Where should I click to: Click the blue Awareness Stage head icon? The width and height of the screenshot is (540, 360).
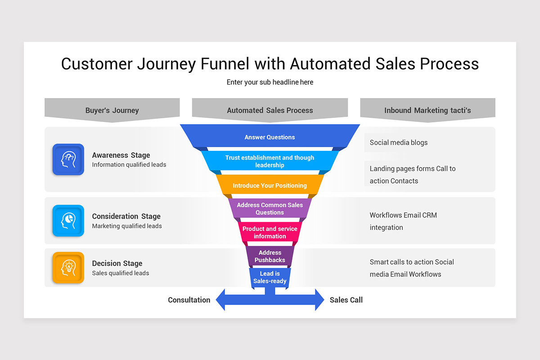tap(68, 159)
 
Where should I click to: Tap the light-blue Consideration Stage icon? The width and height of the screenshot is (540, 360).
tap(68, 220)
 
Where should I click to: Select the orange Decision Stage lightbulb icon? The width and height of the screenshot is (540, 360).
tap(68, 267)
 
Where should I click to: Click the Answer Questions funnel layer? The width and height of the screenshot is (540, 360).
tap(270, 137)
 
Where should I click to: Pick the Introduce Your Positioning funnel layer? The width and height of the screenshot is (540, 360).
tap(270, 185)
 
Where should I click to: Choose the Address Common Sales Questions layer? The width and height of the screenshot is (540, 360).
tap(270, 209)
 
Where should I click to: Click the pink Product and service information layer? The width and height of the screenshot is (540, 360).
tap(270, 233)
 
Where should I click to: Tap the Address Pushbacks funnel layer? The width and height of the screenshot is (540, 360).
tap(270, 256)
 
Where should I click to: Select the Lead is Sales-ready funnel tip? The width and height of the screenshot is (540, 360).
tap(270, 278)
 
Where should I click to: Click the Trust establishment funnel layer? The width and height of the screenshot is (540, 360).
tap(270, 162)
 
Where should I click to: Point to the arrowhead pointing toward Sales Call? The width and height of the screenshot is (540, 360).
tap(319, 300)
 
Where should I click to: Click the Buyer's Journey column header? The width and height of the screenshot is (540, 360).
tap(112, 110)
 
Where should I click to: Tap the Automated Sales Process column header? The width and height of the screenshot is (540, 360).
tap(270, 110)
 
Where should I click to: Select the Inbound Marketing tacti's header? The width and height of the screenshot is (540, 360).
tap(427, 110)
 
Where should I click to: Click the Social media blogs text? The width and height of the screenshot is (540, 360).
tap(399, 143)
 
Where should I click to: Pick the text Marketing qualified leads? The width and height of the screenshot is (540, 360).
tap(127, 226)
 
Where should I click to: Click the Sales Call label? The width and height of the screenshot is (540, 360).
tap(346, 300)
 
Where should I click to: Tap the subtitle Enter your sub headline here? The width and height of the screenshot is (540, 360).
tap(270, 82)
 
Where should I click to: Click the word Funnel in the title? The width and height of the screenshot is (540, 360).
tap(225, 64)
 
